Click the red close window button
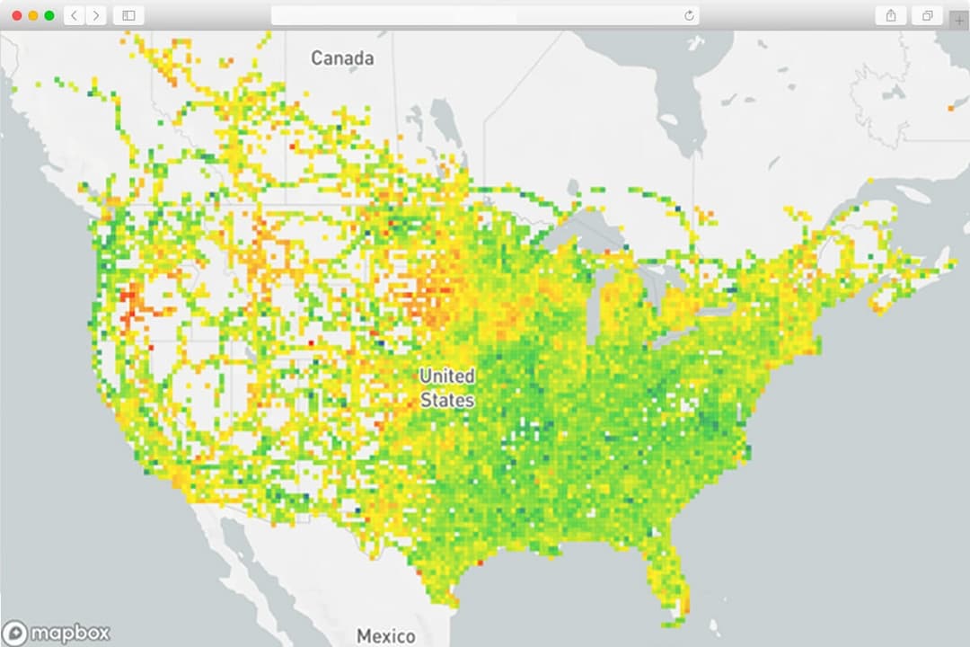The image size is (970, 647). [17, 15]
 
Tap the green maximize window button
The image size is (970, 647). [48, 15]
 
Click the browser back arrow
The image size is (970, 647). [74, 15]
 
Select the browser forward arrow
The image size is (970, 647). [95, 15]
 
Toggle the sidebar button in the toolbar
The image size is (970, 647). [128, 15]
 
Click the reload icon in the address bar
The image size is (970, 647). [689, 15]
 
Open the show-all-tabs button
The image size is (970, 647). [926, 15]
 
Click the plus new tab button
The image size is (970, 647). [959, 20]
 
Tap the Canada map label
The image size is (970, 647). [342, 58]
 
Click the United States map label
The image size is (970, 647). [447, 388]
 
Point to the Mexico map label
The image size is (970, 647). [386, 635]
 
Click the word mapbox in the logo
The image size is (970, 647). [70, 634]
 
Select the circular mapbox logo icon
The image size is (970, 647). [15, 634]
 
